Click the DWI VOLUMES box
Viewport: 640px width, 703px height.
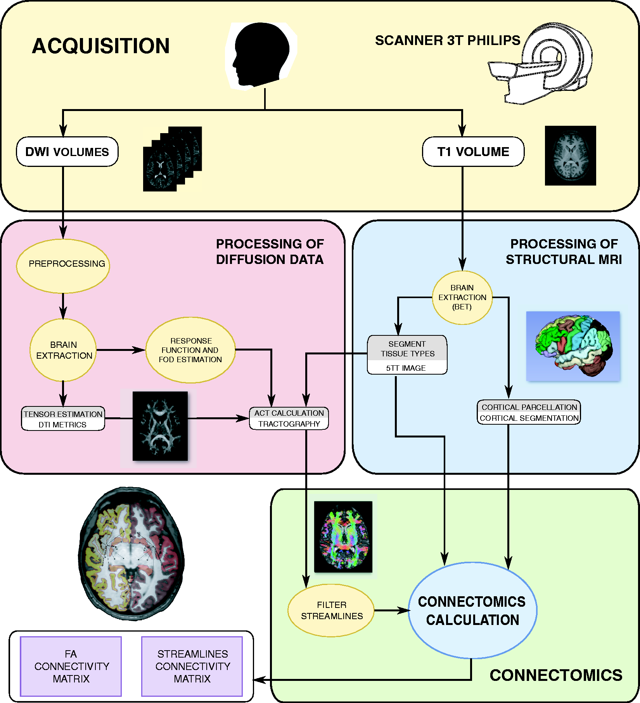(67, 152)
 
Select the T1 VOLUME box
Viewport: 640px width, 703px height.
(473, 152)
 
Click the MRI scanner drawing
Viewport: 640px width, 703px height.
(540, 63)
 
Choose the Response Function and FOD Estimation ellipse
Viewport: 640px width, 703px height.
(190, 350)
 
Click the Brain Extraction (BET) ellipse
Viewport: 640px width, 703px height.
(462, 297)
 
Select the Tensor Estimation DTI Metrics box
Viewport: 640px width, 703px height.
(63, 418)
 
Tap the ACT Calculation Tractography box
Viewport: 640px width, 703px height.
(289, 418)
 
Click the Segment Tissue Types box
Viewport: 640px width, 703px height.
(407, 355)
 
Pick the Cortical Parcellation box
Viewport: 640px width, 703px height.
(529, 412)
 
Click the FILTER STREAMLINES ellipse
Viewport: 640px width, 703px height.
(331, 610)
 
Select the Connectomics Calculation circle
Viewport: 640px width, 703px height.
(472, 610)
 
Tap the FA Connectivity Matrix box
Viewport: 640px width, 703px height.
(71, 666)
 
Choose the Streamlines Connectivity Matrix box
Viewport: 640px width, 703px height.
(192, 666)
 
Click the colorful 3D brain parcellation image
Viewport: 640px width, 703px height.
(573, 346)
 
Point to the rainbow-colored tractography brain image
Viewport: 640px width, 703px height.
(343, 537)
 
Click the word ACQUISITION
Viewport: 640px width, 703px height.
(101, 46)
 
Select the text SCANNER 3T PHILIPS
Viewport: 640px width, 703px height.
(448, 40)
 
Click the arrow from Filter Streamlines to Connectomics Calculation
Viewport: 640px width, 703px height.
(392, 611)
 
